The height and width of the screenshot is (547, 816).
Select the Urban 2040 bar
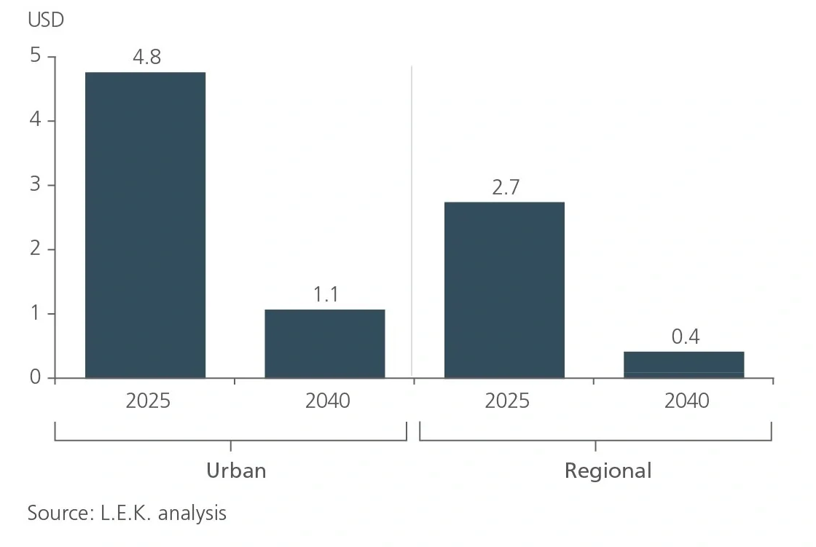pos(324,343)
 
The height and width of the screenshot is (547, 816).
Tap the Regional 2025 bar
pos(504,289)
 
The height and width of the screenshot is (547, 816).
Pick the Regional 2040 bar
pos(683,364)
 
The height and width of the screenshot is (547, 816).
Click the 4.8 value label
pos(146,57)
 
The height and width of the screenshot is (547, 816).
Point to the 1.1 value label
pos(325,294)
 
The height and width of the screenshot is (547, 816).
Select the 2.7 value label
pos(505,187)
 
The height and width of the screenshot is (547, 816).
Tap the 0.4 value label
pos(684,337)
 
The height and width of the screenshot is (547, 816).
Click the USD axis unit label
pos(46,20)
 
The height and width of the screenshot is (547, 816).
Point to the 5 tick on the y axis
pos(34,56)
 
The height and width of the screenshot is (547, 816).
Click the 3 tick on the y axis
pos(34,185)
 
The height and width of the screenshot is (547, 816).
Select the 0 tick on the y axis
pos(34,377)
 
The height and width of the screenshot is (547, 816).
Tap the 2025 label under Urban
pos(147,401)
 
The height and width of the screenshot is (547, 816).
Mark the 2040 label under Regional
pos(686,401)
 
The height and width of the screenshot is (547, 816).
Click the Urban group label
pos(236,471)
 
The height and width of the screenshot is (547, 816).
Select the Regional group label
pos(608,471)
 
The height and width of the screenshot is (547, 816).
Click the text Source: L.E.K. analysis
pos(127,513)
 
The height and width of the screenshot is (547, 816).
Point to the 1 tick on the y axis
pos(34,313)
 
